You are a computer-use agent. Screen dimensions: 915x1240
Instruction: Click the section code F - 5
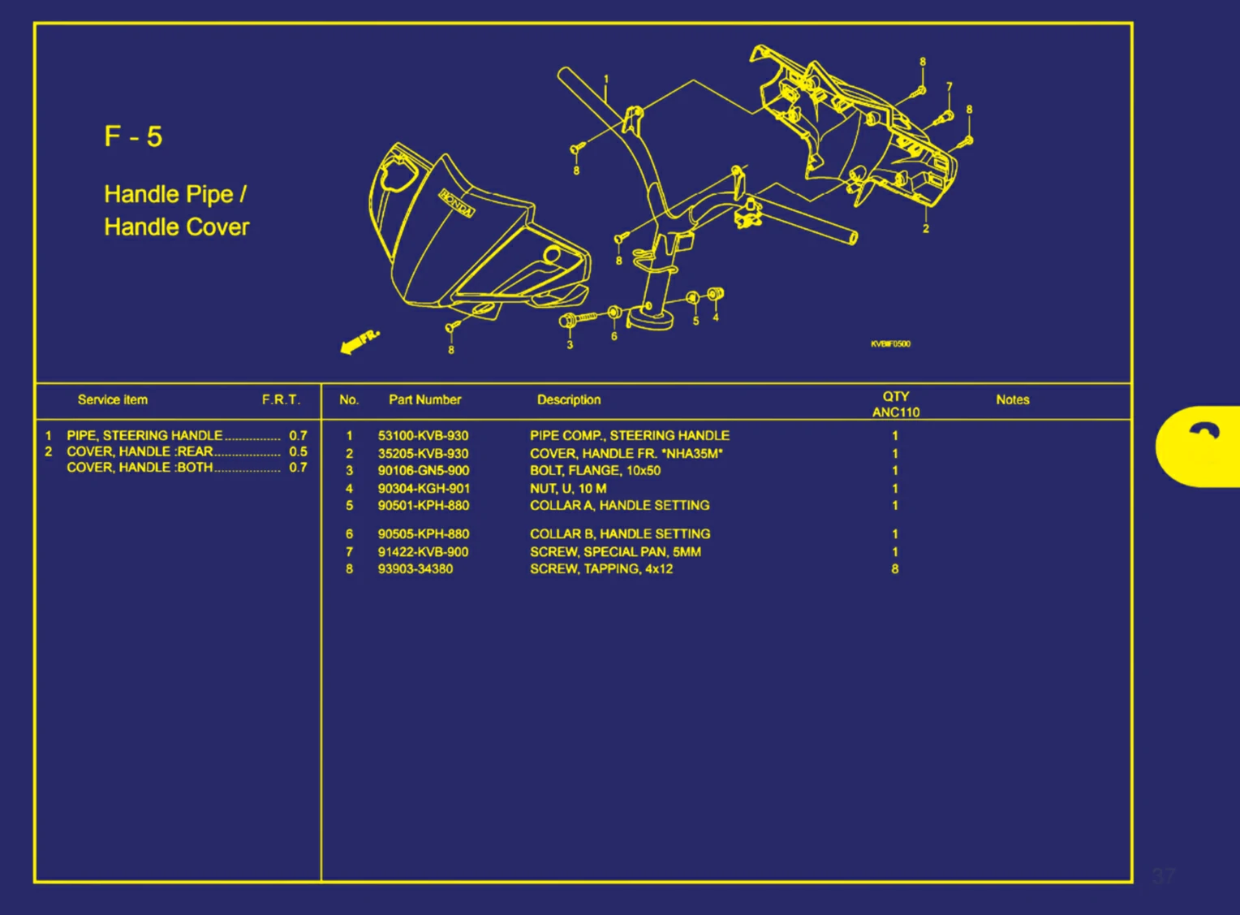(133, 136)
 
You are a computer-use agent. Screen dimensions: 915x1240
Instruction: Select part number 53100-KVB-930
(423, 436)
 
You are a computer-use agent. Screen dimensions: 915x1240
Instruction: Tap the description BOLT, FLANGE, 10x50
(595, 471)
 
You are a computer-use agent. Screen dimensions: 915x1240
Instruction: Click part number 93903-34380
(415, 569)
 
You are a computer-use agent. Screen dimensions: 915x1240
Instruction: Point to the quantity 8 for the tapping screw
(895, 569)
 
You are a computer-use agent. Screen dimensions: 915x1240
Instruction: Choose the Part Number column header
(424, 399)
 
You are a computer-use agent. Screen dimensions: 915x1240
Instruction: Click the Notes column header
(1012, 399)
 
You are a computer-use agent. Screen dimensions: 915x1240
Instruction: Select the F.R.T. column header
(281, 399)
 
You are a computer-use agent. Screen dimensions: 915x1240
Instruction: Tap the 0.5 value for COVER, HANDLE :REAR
(298, 451)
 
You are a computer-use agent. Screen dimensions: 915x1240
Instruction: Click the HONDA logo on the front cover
(457, 203)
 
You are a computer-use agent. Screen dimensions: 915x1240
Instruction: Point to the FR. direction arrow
(359, 342)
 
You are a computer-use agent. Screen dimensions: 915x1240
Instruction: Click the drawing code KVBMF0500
(890, 344)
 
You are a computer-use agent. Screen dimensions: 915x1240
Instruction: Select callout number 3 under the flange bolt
(570, 345)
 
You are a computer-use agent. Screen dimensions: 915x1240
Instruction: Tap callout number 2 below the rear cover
(925, 229)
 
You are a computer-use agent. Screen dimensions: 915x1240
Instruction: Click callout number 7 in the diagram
(949, 87)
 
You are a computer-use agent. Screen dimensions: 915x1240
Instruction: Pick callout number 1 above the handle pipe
(606, 80)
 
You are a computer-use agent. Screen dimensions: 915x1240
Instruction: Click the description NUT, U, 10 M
(568, 489)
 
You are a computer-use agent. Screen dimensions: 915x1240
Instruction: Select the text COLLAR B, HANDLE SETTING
(620, 534)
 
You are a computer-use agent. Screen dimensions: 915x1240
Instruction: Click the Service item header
(113, 399)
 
